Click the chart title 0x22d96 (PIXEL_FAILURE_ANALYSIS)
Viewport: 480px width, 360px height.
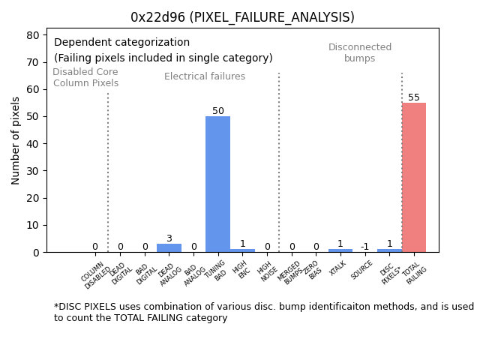coord(242,17)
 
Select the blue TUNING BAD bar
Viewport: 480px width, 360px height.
coord(217,184)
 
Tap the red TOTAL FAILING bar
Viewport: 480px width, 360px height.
coord(413,177)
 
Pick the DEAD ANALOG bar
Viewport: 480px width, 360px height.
coord(169,247)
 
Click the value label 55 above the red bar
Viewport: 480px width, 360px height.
coord(413,97)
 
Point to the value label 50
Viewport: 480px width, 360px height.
coord(217,111)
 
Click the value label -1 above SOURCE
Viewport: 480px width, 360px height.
coord(364,247)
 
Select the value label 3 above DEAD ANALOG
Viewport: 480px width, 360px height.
coord(169,238)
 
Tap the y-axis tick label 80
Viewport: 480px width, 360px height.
coord(33,34)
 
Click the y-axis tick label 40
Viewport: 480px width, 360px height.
coord(33,143)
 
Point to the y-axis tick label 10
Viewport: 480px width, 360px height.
coord(33,225)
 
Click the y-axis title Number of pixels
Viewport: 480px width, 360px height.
coord(16,140)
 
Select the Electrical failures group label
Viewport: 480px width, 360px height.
coord(205,76)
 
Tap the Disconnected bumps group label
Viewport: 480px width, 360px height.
coord(360,53)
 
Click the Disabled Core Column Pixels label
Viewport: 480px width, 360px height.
coord(85,77)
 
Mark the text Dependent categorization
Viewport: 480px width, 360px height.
coord(121,43)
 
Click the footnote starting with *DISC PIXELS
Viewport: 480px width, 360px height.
coord(263,312)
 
